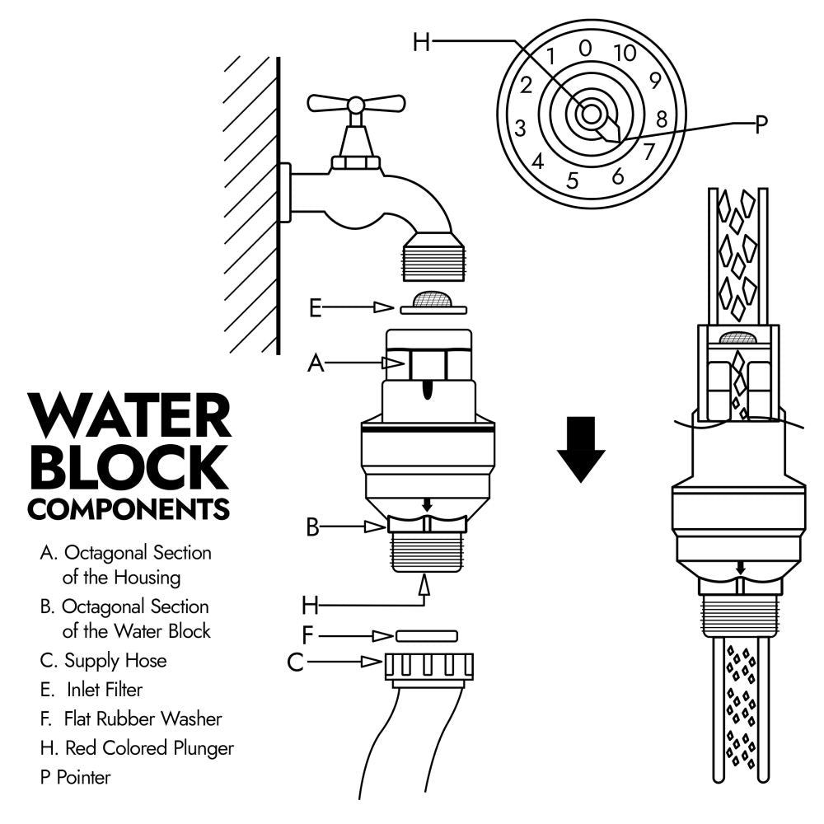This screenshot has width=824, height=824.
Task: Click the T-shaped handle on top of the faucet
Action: (355, 104)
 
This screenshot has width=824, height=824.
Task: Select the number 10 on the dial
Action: (625, 54)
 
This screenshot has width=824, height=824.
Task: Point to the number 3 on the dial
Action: (520, 129)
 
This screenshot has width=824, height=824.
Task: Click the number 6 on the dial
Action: (617, 176)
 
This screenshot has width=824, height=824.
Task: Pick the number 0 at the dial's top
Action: (585, 48)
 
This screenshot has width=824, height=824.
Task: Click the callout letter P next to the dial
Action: (761, 124)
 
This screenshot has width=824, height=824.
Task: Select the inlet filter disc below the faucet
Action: (433, 304)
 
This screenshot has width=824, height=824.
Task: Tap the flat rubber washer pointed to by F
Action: (426, 636)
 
